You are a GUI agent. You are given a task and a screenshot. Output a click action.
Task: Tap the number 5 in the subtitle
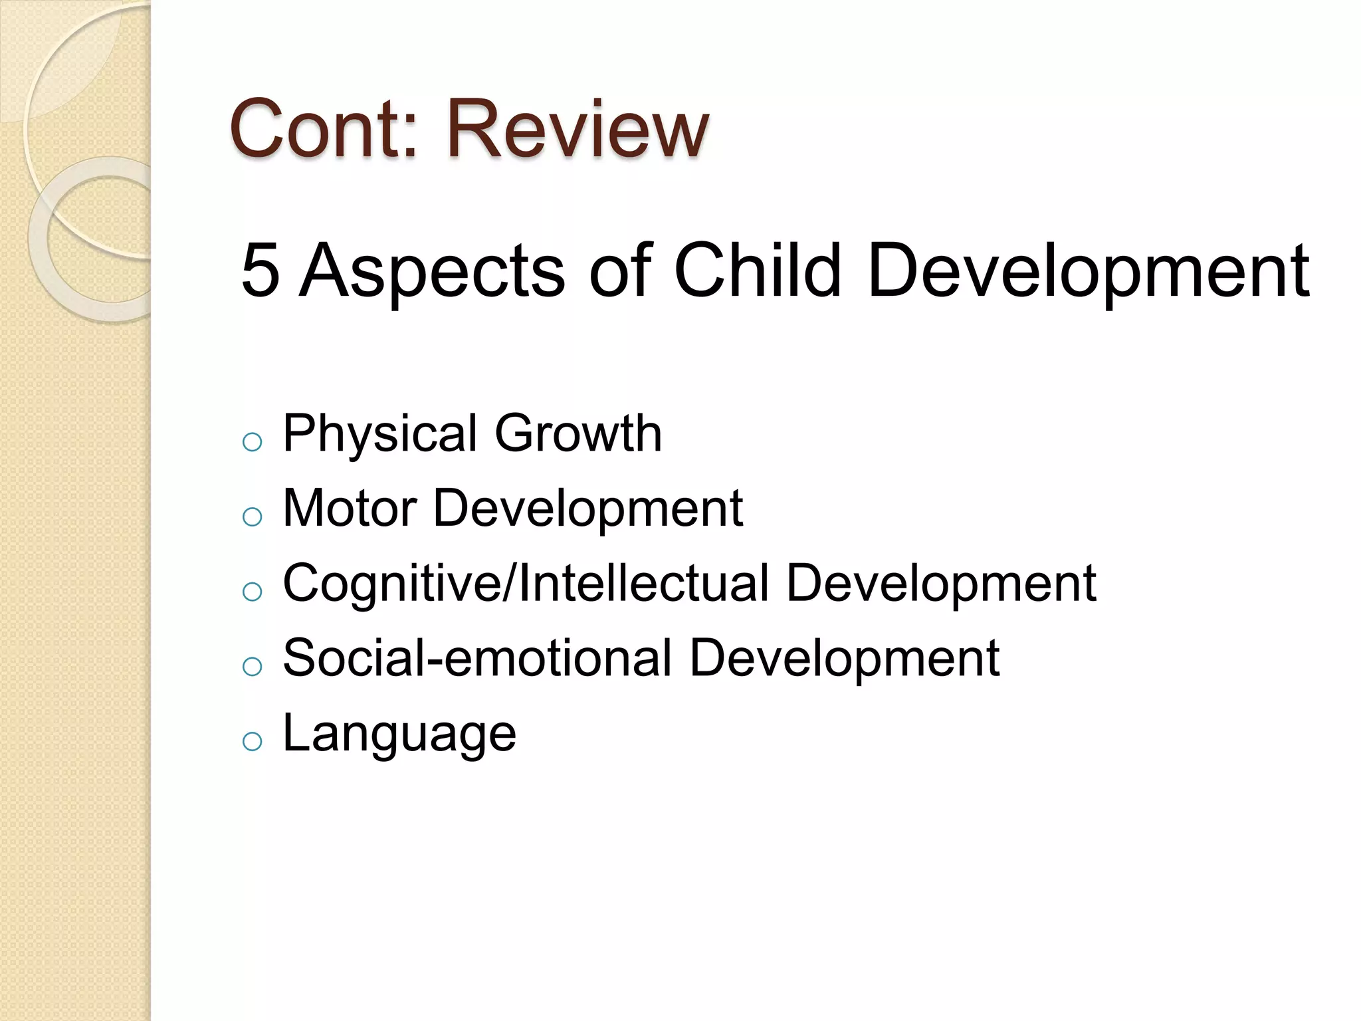tap(260, 271)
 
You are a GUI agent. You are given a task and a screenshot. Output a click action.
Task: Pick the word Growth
tap(578, 433)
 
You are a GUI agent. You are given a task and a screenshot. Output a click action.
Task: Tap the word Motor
tap(350, 509)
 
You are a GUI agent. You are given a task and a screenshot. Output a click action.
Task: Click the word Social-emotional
tap(477, 658)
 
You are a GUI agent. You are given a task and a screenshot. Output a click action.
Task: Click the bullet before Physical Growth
tap(253, 442)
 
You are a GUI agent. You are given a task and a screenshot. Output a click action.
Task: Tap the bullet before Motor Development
tap(253, 516)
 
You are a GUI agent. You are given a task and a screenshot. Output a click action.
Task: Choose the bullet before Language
tap(253, 741)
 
